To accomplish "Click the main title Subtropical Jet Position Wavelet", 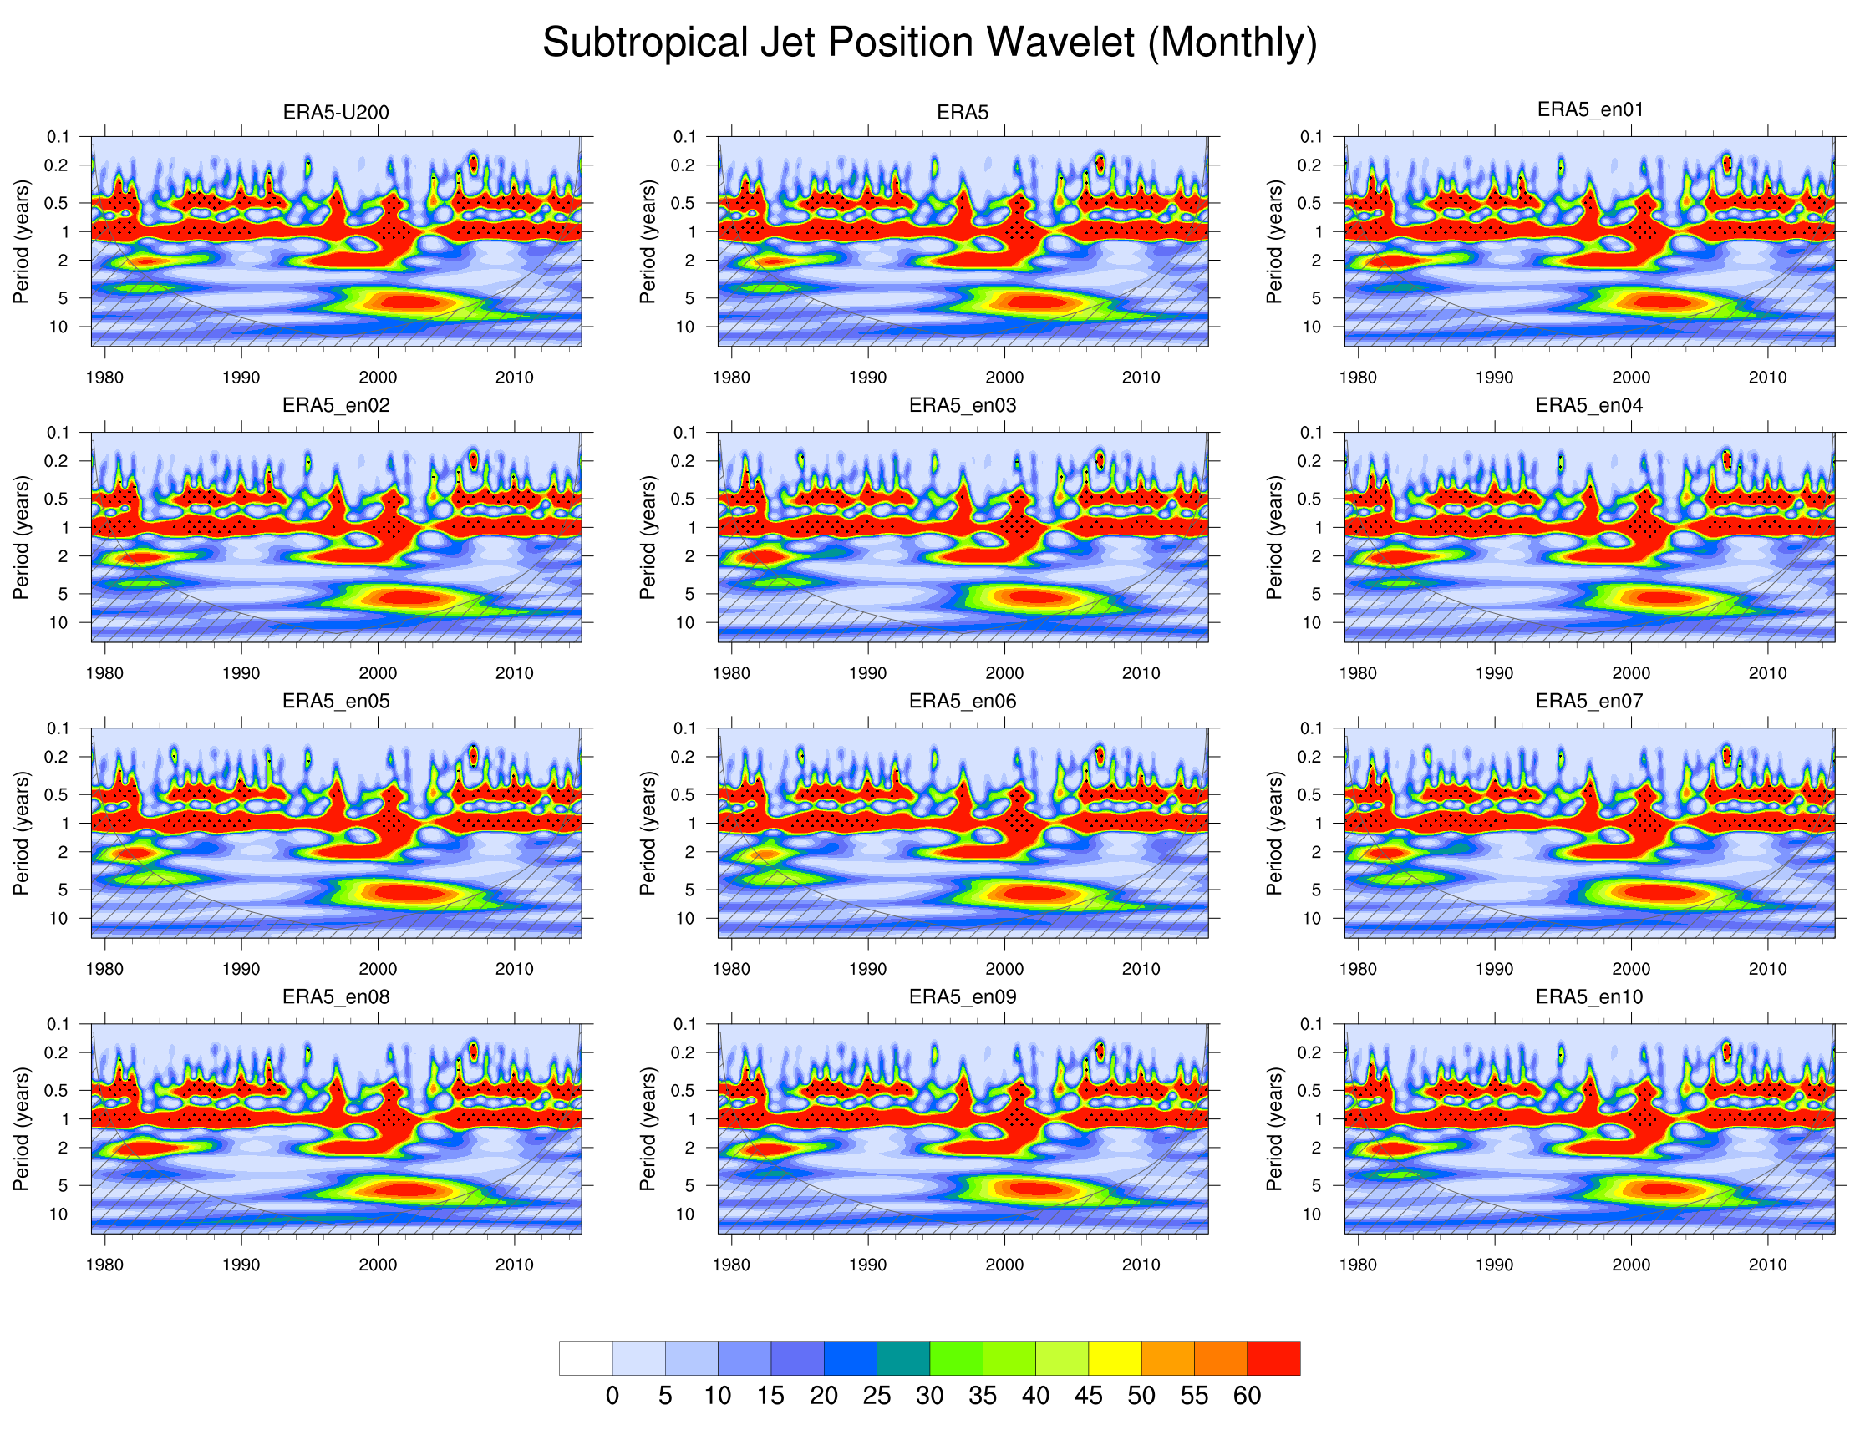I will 928,43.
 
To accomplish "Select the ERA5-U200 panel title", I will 335,113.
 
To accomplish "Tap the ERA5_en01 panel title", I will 1589,109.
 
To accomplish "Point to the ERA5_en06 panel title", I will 962,701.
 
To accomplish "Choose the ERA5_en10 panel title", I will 1588,996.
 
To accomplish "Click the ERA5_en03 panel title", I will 962,405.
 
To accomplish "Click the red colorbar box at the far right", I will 1273,1358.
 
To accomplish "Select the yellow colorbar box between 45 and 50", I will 1115,1358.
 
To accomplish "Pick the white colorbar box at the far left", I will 586,1358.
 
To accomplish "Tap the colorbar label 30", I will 929,1396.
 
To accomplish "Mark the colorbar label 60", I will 1247,1396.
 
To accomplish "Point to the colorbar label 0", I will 612,1396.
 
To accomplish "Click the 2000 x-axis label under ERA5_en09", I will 1004,1265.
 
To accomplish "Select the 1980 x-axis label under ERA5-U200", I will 104,377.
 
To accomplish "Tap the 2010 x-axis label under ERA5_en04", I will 1767,673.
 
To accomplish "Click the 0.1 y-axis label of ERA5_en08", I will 58,1024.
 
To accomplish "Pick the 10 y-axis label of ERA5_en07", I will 1312,919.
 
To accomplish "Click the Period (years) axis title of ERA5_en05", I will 21,833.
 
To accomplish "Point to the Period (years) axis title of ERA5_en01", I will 1274,241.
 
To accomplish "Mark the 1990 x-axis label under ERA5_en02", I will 241,673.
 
